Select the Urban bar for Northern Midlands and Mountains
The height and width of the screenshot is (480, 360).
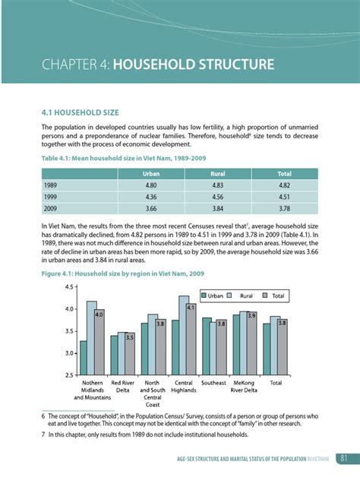coord(83,358)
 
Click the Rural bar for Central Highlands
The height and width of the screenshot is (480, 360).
coord(184,335)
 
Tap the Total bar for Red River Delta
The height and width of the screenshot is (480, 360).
coord(130,355)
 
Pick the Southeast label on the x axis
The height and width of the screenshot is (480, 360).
coord(213,383)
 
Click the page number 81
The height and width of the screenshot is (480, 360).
coord(344,456)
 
